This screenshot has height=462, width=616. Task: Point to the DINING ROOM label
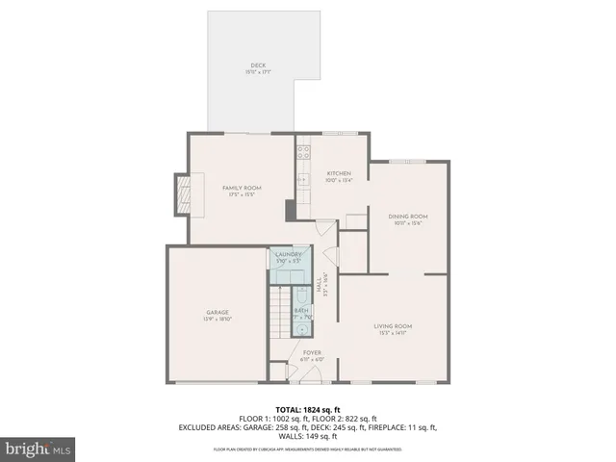(407, 217)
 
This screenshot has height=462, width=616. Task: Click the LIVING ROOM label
(393, 326)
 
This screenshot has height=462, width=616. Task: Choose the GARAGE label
(216, 312)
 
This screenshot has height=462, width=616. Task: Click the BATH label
(301, 310)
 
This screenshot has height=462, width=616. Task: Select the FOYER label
(312, 353)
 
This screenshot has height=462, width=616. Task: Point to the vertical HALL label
(319, 285)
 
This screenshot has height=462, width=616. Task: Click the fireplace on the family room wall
(182, 194)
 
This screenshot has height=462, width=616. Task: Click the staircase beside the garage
(278, 314)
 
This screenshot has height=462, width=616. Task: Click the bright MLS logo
(38, 449)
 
